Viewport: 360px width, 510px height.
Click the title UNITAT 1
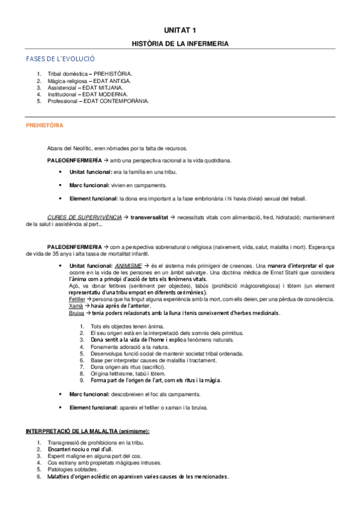[180, 29]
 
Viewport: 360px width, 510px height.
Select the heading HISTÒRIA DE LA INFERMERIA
[180, 44]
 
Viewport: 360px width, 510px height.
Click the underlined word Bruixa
[76, 313]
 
